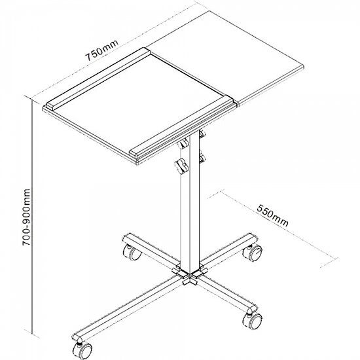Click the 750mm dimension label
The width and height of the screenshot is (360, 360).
[x=102, y=50]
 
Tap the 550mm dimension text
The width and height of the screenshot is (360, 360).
[x=272, y=215]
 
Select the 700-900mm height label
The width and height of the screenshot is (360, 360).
[x=26, y=217]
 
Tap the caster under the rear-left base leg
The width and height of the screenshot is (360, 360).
[x=132, y=252]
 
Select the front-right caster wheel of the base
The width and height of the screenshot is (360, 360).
[x=253, y=320]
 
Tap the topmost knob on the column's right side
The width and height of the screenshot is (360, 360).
[x=202, y=134]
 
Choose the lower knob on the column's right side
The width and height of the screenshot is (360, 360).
[x=202, y=158]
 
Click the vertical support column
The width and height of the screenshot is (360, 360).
[x=190, y=202]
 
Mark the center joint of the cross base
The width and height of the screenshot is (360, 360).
[x=190, y=275]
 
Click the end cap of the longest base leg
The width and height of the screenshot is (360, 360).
[x=77, y=338]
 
